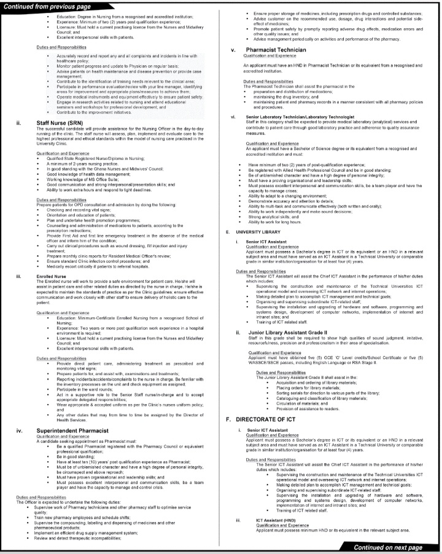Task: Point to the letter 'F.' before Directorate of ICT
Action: click(229, 419)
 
